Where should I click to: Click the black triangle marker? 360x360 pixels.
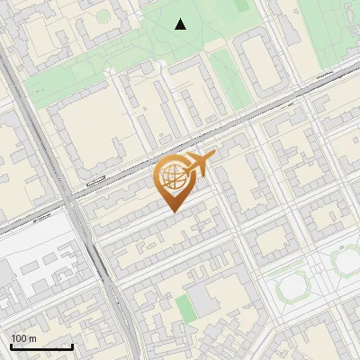(x=181, y=24)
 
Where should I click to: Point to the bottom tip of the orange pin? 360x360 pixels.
(x=174, y=211)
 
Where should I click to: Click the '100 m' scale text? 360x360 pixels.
(x=23, y=337)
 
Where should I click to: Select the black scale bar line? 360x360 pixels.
(x=41, y=347)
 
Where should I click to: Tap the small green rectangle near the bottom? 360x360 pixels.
(x=184, y=307)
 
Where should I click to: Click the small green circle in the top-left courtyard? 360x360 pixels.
(x=103, y=16)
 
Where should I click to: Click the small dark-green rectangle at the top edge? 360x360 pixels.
(x=241, y=4)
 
